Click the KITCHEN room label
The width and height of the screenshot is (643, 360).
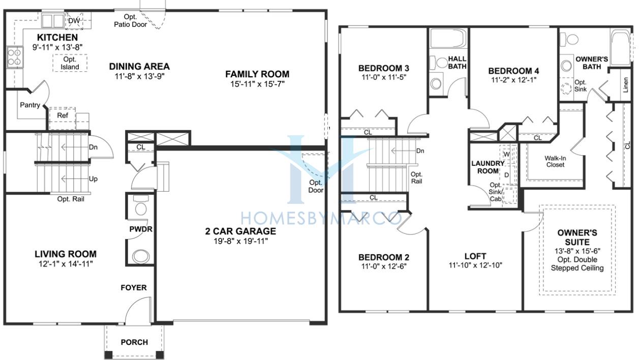click(x=57, y=37)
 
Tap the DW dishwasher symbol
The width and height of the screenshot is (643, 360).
click(x=74, y=21)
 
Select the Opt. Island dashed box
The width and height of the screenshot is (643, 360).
click(x=70, y=63)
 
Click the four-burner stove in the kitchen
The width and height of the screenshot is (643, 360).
click(x=15, y=57)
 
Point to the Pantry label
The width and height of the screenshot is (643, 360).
click(x=30, y=105)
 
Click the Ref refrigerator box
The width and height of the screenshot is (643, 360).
click(x=63, y=118)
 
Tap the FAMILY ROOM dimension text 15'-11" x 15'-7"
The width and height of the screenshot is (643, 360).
click(x=257, y=84)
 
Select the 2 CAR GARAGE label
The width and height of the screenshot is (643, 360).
click(x=240, y=231)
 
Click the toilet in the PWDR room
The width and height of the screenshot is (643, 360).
click(x=141, y=205)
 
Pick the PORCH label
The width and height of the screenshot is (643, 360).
click(x=134, y=342)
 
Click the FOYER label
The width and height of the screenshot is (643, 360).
click(x=134, y=288)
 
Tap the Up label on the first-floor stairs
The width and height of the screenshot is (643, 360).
click(x=93, y=179)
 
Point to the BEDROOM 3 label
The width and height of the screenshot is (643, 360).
click(x=383, y=68)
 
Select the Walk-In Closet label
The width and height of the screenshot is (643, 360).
click(x=555, y=161)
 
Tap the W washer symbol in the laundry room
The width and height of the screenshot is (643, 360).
click(x=507, y=154)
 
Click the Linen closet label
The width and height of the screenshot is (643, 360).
click(x=626, y=85)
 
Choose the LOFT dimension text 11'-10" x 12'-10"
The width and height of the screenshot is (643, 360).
click(x=476, y=265)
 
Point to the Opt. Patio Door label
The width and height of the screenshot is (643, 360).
click(x=130, y=21)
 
